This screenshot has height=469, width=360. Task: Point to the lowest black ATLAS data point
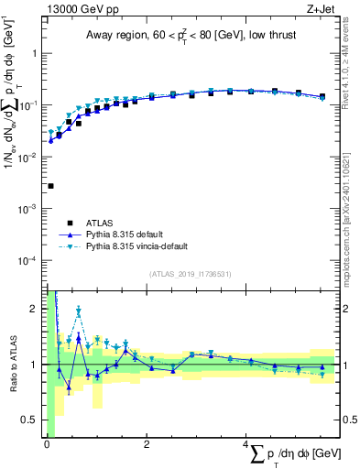(x=50, y=186)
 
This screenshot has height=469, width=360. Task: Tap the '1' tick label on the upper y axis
(x=37, y=53)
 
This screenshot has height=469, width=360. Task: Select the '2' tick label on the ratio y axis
(x=37, y=308)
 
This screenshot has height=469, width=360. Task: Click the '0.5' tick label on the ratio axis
(x=33, y=420)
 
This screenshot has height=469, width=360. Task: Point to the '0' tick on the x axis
(x=47, y=444)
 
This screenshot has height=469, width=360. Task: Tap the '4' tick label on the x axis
(x=245, y=444)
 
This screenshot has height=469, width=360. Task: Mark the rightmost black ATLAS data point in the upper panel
(x=322, y=96)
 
